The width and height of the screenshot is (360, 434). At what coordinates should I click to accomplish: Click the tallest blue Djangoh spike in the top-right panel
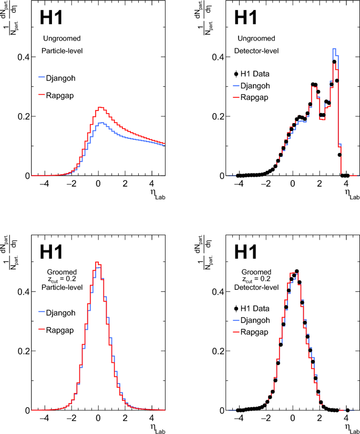click(x=334, y=49)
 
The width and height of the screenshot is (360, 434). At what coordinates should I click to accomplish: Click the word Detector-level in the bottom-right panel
click(x=256, y=287)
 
